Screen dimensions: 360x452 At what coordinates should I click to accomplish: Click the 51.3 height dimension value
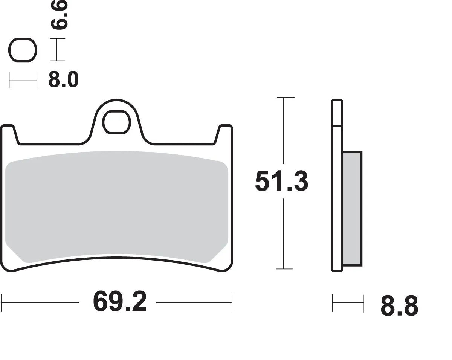pyautogui.click(x=282, y=181)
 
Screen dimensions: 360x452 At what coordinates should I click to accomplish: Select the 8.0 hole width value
pyautogui.click(x=63, y=80)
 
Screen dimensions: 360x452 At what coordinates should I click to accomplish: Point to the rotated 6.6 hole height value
pyautogui.click(x=59, y=15)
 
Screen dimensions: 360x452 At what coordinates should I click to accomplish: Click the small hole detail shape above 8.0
pyautogui.click(x=23, y=50)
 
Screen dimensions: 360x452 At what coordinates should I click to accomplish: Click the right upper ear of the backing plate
pyautogui.click(x=225, y=132)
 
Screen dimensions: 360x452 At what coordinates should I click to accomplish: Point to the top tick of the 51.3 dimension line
pyautogui.click(x=286, y=98)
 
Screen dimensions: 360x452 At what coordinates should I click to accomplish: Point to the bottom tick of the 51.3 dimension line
pyautogui.click(x=286, y=269)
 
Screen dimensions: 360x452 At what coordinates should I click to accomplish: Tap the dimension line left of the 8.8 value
pyautogui.click(x=348, y=304)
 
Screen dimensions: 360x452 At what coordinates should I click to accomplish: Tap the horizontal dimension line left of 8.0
pyautogui.click(x=23, y=80)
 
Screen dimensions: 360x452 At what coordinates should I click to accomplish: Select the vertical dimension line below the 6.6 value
pyautogui.click(x=57, y=50)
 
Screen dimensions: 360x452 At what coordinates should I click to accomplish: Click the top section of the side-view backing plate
pyautogui.click(x=337, y=112)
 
